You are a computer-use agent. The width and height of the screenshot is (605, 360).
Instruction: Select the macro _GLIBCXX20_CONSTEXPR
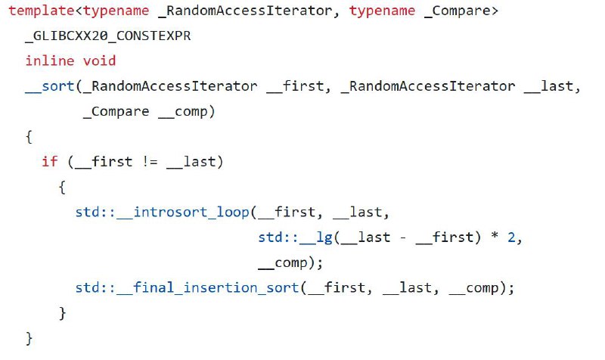(x=108, y=36)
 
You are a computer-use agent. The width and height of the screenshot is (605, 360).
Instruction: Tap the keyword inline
(x=50, y=61)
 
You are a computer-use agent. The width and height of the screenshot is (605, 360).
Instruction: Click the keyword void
(x=99, y=61)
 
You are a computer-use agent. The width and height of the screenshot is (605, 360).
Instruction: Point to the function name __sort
(x=50, y=86)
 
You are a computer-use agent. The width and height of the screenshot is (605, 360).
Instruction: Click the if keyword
(x=50, y=161)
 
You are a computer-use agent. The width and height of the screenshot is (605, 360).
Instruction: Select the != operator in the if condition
(x=150, y=161)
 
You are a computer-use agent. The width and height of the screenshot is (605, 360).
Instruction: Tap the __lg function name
(x=316, y=237)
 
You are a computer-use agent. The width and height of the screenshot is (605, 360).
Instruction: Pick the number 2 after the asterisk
(x=511, y=237)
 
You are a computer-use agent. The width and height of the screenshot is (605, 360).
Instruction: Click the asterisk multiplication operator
(x=495, y=236)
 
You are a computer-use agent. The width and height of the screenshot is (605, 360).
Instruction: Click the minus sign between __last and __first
(x=403, y=237)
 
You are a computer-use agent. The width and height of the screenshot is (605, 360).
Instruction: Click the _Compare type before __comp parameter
(x=116, y=111)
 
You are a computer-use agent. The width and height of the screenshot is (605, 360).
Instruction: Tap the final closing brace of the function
(x=29, y=338)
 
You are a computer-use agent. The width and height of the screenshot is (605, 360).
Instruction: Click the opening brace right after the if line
(x=62, y=187)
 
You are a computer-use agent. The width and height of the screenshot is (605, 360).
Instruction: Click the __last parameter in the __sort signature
(x=548, y=86)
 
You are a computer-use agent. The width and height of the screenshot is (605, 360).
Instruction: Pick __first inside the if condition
(x=104, y=161)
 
